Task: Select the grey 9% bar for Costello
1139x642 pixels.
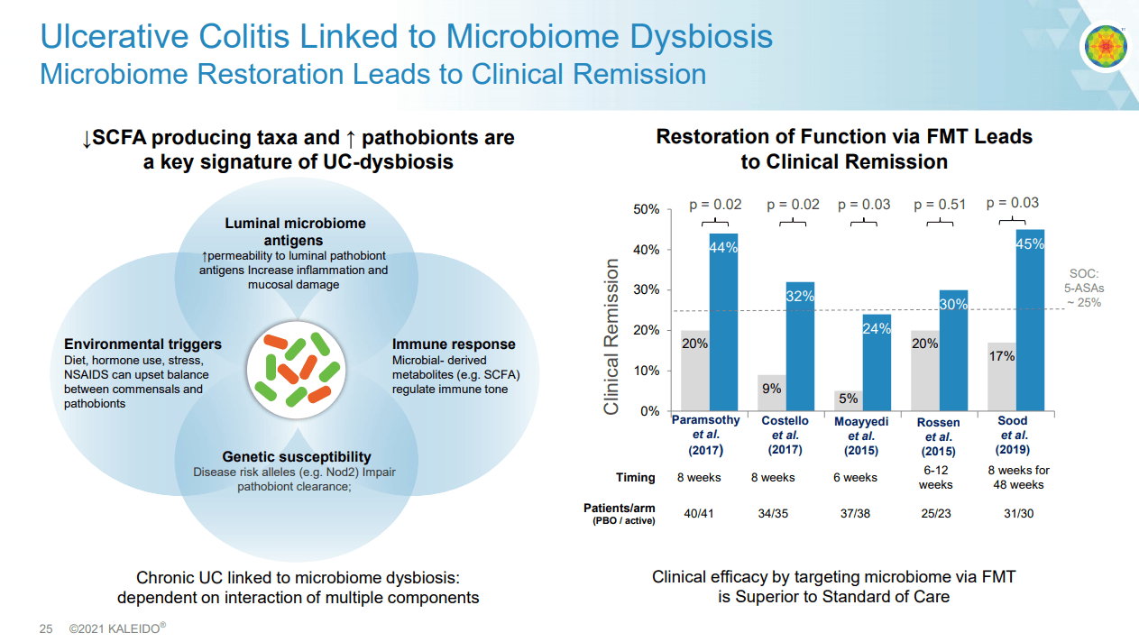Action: coord(771,392)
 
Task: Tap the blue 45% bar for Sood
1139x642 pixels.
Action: coord(1030,320)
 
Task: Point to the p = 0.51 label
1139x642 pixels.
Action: coord(940,205)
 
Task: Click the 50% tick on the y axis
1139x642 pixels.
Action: coord(645,209)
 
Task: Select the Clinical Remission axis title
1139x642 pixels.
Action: coord(612,337)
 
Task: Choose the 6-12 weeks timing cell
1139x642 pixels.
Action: coord(935,477)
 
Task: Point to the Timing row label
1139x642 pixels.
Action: coord(636,477)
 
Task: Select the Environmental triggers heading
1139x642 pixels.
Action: coord(142,344)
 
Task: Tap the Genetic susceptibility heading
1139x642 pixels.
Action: coord(297,457)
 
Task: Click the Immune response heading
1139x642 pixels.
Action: coord(454,344)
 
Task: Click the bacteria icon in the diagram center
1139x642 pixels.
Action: coord(297,367)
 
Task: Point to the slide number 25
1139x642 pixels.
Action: coord(46,628)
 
